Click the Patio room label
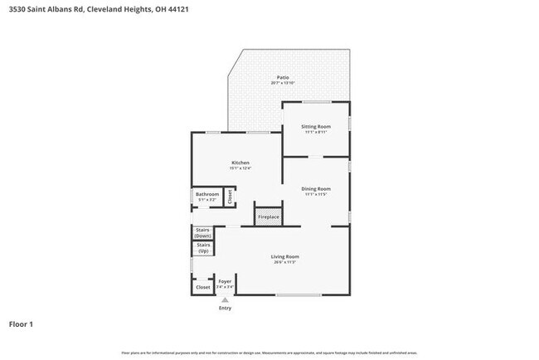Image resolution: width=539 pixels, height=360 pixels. [x=283, y=77]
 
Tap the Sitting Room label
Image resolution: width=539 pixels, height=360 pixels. [x=316, y=126]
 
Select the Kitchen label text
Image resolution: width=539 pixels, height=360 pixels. [x=240, y=163]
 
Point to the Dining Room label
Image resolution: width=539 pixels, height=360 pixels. [x=316, y=188]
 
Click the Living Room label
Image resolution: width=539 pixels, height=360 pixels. [x=284, y=257]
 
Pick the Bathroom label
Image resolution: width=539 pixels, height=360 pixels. [x=206, y=195]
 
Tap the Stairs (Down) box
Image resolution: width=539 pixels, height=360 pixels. [x=203, y=233]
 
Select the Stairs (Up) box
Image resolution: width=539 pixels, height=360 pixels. [x=203, y=248]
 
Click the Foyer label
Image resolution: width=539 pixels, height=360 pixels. [x=225, y=281]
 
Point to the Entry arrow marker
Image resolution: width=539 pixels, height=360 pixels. [x=225, y=299]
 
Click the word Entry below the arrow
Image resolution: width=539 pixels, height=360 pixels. [x=225, y=309]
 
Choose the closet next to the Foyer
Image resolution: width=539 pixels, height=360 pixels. [x=202, y=287]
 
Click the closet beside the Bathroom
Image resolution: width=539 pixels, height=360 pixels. [x=231, y=197]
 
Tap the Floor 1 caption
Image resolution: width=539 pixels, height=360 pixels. [x=22, y=324]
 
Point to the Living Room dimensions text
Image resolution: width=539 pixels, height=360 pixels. [x=284, y=263]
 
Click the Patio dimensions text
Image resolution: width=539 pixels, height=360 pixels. [x=283, y=83]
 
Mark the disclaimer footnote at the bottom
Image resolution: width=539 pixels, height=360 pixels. [x=269, y=353]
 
